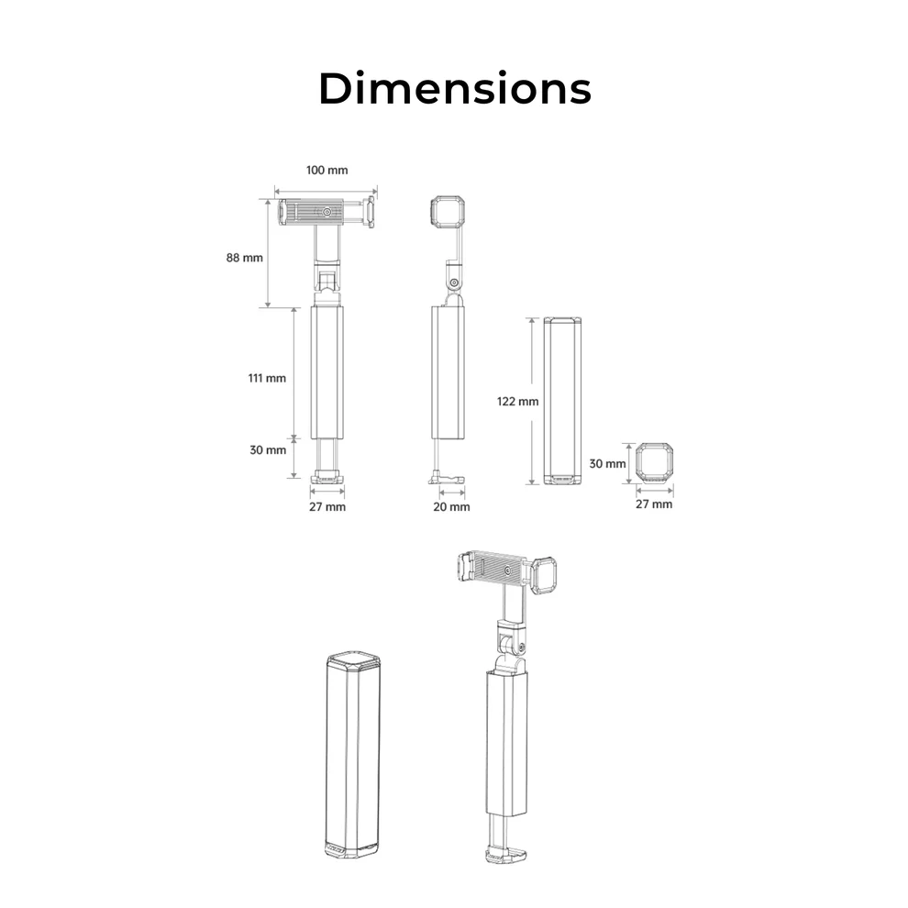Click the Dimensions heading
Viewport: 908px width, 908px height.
pyautogui.click(x=455, y=89)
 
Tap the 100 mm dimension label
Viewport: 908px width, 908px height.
pyautogui.click(x=327, y=171)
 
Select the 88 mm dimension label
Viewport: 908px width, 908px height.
pyautogui.click(x=244, y=258)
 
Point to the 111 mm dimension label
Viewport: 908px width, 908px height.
pyautogui.click(x=267, y=378)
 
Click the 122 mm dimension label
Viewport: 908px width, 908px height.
pyautogui.click(x=517, y=402)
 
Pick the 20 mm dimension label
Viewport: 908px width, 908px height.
pyautogui.click(x=451, y=506)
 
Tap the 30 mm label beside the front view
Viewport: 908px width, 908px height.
pyautogui.click(x=268, y=450)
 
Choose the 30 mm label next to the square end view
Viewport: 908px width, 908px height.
pyautogui.click(x=607, y=464)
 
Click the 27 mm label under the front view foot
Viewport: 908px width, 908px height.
pyautogui.click(x=327, y=506)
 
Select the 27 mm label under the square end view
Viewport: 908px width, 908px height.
pyautogui.click(x=654, y=504)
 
